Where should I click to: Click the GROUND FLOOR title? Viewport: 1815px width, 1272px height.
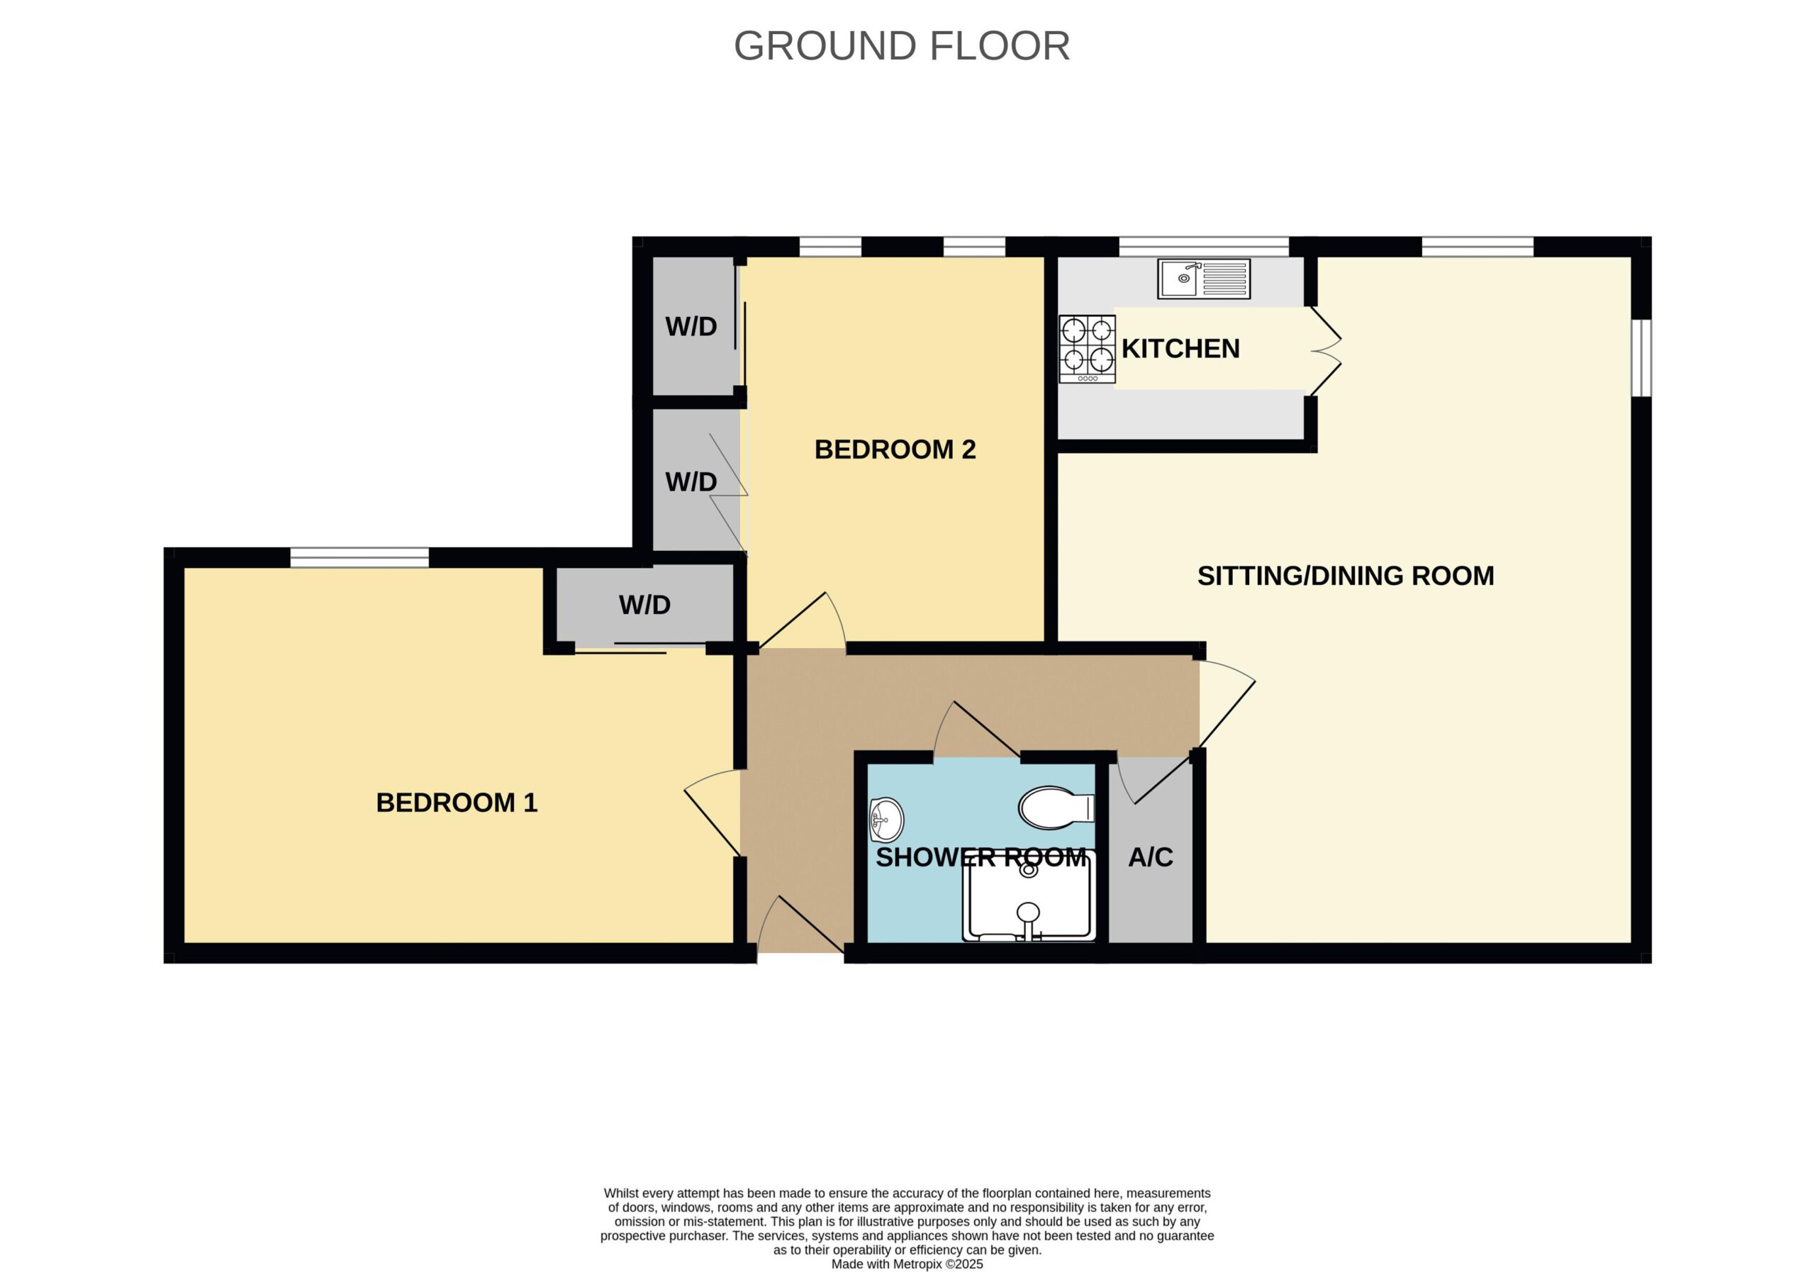tap(902, 46)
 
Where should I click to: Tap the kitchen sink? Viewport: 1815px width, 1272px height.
tap(1203, 278)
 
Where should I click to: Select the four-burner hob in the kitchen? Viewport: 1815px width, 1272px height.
tap(1087, 350)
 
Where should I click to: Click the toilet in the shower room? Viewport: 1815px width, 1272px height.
tap(1057, 807)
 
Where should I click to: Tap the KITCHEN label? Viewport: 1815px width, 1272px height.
tap(1180, 349)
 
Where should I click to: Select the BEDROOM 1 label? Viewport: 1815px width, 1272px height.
tap(457, 803)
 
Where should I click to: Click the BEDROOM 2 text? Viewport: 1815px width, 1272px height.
tap(895, 450)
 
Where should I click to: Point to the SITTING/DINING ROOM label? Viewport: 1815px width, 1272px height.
tap(1346, 576)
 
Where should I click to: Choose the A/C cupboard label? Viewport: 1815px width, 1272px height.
tap(1150, 857)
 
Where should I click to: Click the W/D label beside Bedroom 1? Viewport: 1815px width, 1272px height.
tap(644, 605)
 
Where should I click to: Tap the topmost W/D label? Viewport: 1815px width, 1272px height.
tap(691, 326)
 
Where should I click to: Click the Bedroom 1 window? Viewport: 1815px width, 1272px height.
tap(359, 557)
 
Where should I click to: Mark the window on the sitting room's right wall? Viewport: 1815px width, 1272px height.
tap(1641, 357)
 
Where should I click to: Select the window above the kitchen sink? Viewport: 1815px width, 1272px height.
tap(1204, 247)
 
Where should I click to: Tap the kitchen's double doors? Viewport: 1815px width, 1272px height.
tap(1327, 350)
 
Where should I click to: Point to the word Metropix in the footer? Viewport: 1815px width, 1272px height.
tap(917, 1264)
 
